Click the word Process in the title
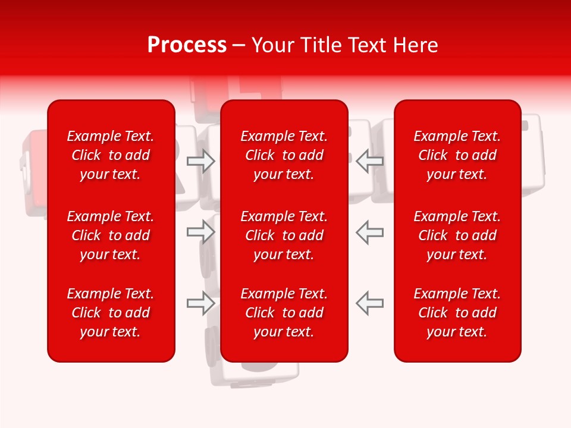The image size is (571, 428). click(187, 45)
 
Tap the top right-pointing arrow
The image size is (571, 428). click(200, 161)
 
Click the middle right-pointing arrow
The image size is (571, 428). click(200, 232)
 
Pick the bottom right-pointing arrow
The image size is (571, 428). click(200, 303)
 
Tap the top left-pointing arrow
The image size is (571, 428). click(369, 161)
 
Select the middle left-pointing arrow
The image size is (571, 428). click(369, 232)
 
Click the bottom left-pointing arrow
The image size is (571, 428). click(369, 303)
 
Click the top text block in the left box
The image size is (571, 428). click(111, 155)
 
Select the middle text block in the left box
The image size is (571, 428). click(111, 235)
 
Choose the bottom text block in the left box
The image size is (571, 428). click(111, 313)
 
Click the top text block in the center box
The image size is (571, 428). click(284, 155)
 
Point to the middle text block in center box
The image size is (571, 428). click(284, 235)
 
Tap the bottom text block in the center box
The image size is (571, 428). click(284, 313)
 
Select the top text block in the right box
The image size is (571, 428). click(457, 155)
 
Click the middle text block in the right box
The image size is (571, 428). click(457, 235)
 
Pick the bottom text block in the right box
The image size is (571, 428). click(457, 313)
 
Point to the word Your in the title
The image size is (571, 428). click(272, 45)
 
